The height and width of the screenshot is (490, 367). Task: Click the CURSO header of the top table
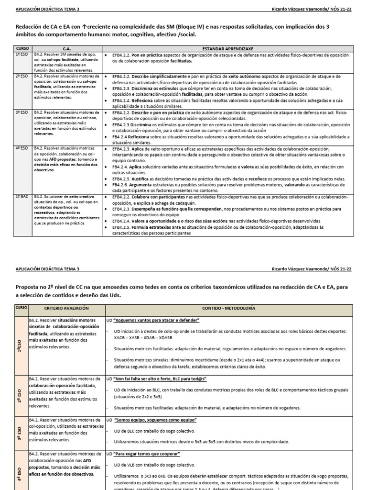(22, 48)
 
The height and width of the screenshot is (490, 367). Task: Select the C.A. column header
(66, 48)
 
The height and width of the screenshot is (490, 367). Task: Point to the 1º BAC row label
(22, 196)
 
